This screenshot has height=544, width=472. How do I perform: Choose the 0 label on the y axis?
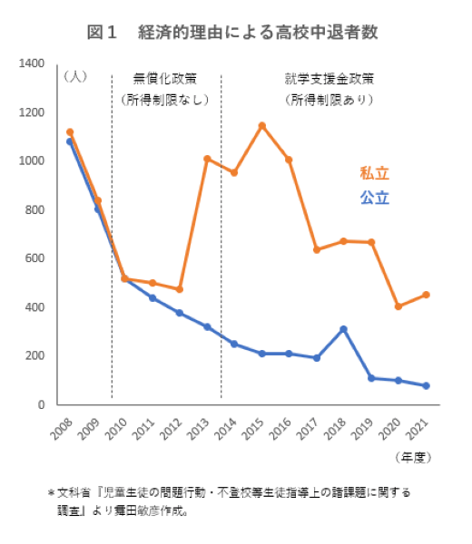[42, 404]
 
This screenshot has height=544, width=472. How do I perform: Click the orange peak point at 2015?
[262, 125]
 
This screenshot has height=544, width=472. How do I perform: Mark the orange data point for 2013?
[207, 159]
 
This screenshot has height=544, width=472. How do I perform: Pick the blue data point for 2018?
[344, 328]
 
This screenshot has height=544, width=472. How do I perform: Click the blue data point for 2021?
[427, 385]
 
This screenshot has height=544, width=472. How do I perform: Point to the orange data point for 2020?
[398, 306]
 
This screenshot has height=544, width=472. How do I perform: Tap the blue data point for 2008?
[70, 141]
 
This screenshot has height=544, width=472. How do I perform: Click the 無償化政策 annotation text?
[164, 77]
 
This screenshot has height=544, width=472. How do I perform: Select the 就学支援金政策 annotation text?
[329, 77]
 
